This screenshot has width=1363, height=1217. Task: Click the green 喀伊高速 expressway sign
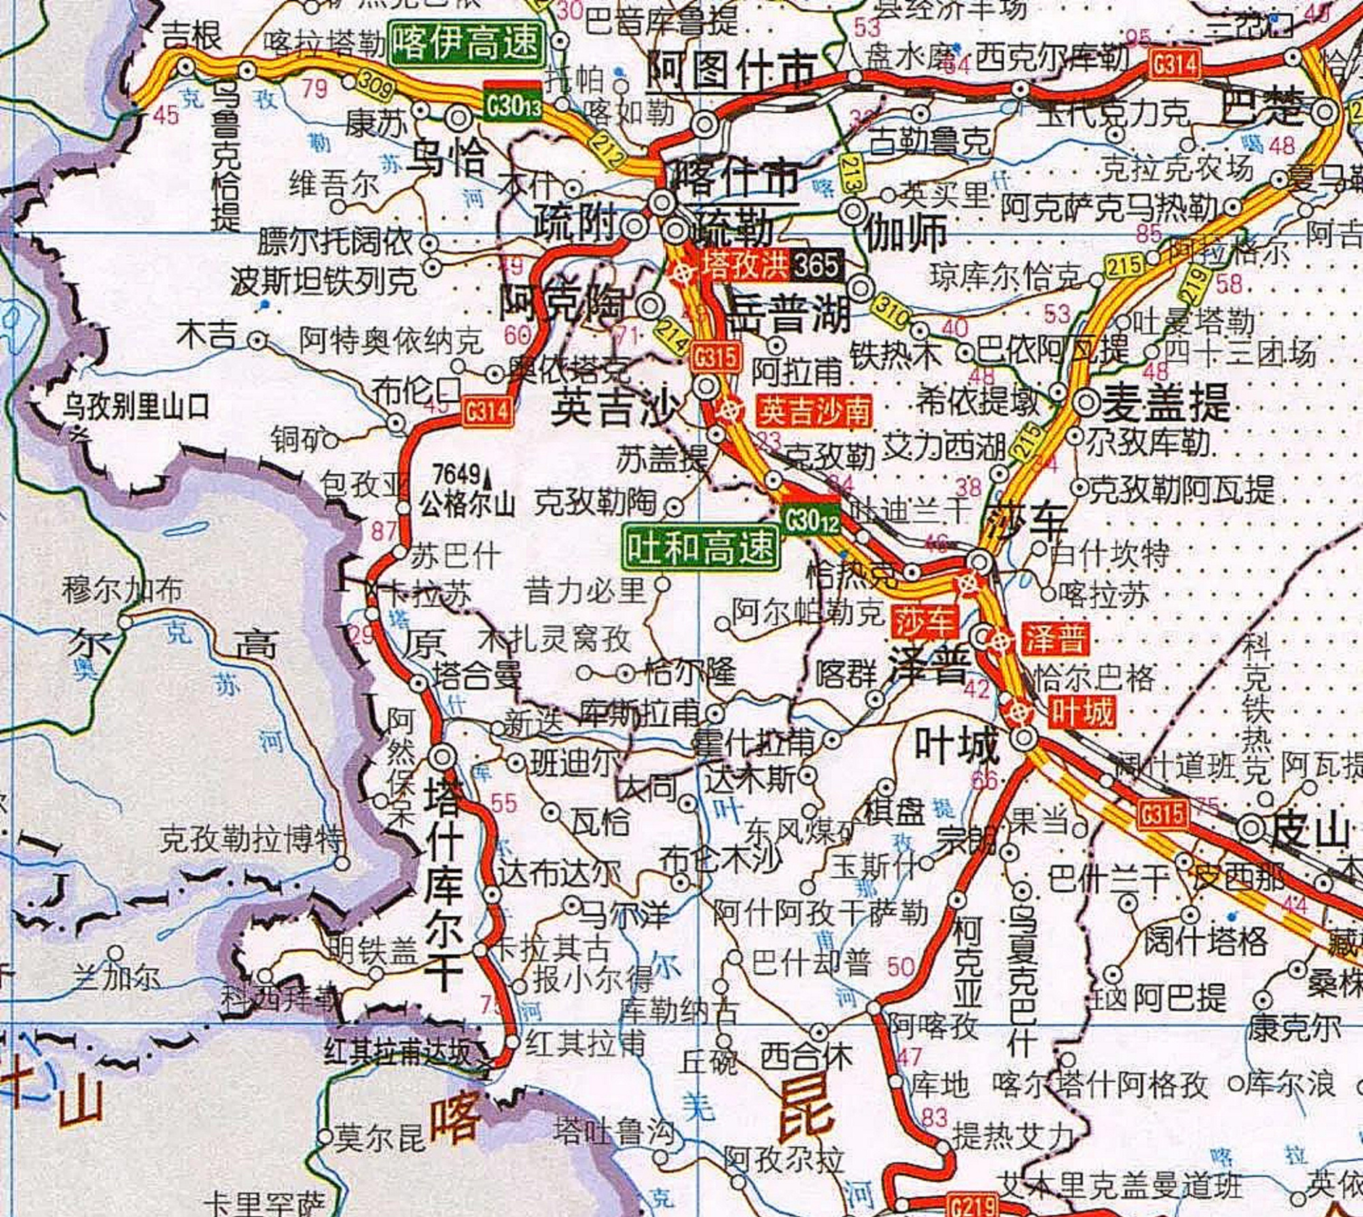[468, 42]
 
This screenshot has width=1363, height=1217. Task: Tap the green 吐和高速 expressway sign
[701, 547]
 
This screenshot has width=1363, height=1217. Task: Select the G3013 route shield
[512, 105]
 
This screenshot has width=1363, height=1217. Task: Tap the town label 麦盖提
[1165, 403]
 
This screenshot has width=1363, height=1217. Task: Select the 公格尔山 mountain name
[468, 505]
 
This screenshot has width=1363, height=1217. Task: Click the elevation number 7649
[457, 472]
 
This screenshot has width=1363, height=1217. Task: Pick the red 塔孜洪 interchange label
[744, 265]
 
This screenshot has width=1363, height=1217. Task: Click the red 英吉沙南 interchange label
[815, 411]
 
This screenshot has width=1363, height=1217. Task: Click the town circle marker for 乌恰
[459, 118]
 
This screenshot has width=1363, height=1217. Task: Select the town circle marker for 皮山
[1251, 828]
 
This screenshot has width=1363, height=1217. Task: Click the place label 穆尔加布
[122, 590]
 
